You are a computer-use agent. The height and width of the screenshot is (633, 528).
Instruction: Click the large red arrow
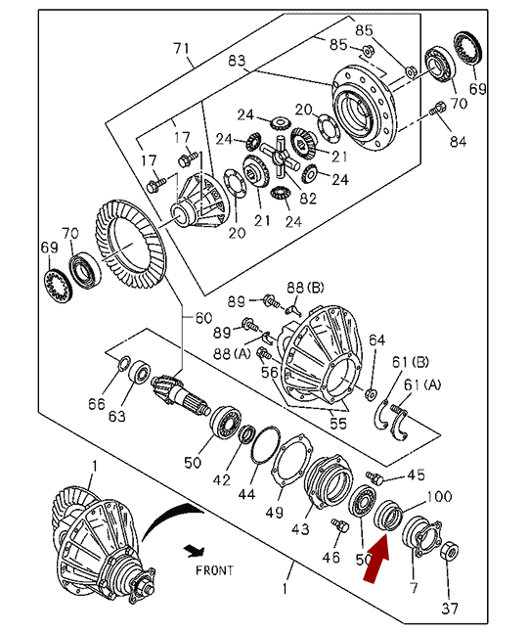[x=376, y=558]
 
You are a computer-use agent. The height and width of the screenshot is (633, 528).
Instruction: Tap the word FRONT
[x=214, y=570]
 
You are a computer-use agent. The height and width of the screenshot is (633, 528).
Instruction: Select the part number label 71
[x=182, y=49]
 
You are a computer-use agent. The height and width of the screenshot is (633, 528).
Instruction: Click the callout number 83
[x=237, y=61]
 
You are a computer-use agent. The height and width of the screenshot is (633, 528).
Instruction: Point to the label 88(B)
[x=306, y=288]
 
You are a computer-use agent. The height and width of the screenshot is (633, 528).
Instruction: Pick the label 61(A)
[x=422, y=384]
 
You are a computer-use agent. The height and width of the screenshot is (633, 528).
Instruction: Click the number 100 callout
[x=439, y=496]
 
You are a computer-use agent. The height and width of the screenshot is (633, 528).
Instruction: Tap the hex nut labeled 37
[x=450, y=551]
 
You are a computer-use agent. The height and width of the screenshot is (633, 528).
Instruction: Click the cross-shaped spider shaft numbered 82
[x=279, y=157]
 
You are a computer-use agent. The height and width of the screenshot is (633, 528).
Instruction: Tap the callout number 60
[x=203, y=318]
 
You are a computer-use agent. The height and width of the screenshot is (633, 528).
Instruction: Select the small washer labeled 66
[x=124, y=363]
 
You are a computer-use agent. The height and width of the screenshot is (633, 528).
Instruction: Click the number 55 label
[x=338, y=423]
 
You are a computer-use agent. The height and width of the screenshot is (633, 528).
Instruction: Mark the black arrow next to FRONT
[x=195, y=550]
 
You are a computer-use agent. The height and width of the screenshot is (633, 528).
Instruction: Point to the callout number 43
[x=300, y=528]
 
